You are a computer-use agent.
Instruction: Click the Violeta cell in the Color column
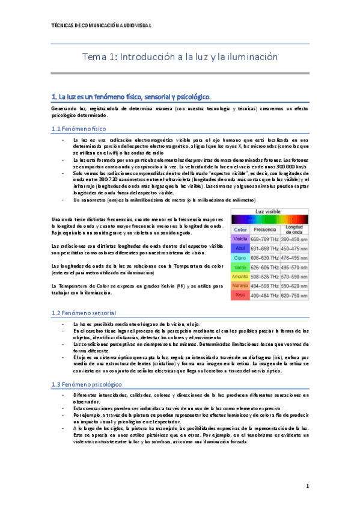click(x=240, y=239)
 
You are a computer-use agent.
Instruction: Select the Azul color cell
click(x=240, y=248)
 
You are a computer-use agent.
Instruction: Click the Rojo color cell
click(x=240, y=296)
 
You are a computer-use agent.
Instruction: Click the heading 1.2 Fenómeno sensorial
click(x=84, y=313)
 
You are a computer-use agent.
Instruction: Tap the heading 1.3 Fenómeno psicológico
click(x=87, y=384)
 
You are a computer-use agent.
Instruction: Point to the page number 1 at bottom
click(x=307, y=486)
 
